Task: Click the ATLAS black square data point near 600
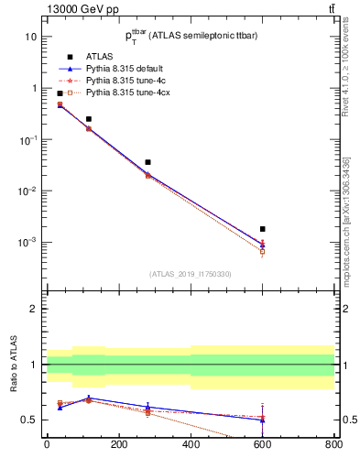[x=262, y=229]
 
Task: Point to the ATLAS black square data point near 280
[x=147, y=162]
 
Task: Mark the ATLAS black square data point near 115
[x=89, y=119]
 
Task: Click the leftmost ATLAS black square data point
[x=60, y=93]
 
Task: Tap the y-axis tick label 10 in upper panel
[x=30, y=37]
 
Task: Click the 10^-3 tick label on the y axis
[x=27, y=243]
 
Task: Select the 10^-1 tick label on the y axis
[x=27, y=140]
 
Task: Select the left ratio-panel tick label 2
[x=33, y=310]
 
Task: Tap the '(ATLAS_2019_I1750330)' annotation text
[x=191, y=274]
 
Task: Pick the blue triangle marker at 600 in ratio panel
[x=262, y=420]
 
